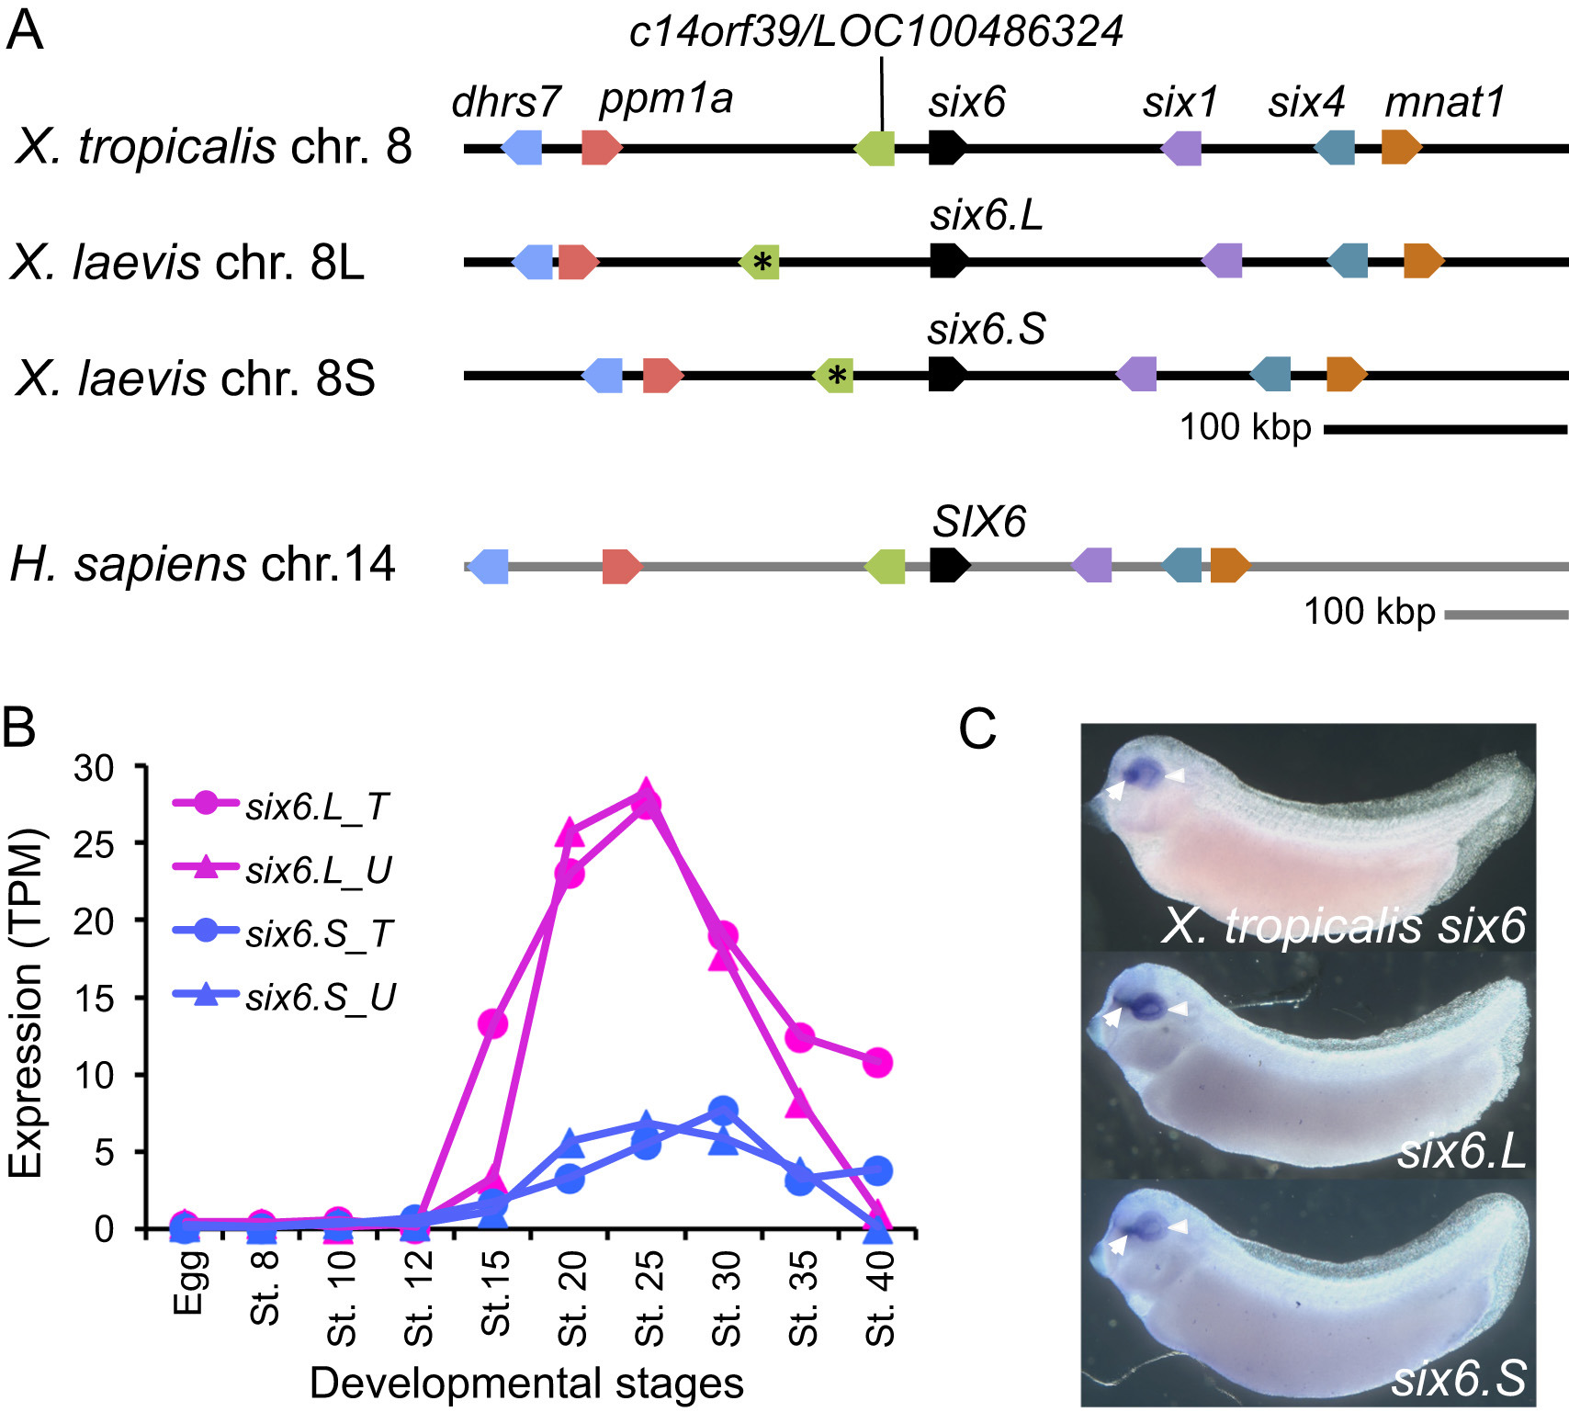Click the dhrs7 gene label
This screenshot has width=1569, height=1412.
pyautogui.click(x=505, y=101)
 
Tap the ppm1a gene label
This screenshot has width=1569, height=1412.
pyautogui.click(x=666, y=98)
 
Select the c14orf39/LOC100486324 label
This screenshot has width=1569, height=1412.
pyautogui.click(x=875, y=32)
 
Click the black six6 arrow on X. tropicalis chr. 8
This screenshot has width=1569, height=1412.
pyautogui.click(x=947, y=147)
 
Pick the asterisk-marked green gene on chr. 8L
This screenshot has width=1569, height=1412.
pyautogui.click(x=761, y=262)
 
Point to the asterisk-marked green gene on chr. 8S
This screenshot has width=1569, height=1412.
pyautogui.click(x=835, y=375)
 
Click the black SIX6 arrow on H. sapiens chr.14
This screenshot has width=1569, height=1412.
pyautogui.click(x=949, y=565)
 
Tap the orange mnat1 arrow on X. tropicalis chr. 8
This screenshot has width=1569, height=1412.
pyautogui.click(x=1401, y=147)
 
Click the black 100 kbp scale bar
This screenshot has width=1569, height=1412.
pyautogui.click(x=1445, y=429)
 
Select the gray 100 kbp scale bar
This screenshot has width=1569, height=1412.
pyautogui.click(x=1506, y=614)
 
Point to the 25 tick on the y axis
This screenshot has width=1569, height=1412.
pyautogui.click(x=94, y=843)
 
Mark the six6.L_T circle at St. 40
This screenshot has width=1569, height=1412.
pyautogui.click(x=878, y=1063)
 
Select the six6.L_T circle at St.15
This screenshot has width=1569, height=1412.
pyautogui.click(x=493, y=1023)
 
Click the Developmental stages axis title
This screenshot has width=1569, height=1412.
pyautogui.click(x=526, y=1383)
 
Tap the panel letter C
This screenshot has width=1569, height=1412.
pyautogui.click(x=976, y=730)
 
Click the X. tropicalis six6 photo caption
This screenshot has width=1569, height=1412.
pyautogui.click(x=1343, y=925)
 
